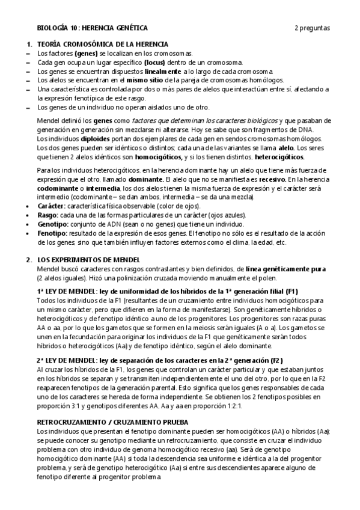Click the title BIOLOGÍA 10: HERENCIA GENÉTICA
[92, 28]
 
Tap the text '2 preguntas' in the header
[313, 28]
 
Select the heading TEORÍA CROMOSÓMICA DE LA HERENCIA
[103, 45]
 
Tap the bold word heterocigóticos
[280, 156]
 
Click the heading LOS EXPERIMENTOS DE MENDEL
[91, 260]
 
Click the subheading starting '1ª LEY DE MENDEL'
[167, 291]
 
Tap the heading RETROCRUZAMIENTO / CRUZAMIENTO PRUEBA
[112, 422]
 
